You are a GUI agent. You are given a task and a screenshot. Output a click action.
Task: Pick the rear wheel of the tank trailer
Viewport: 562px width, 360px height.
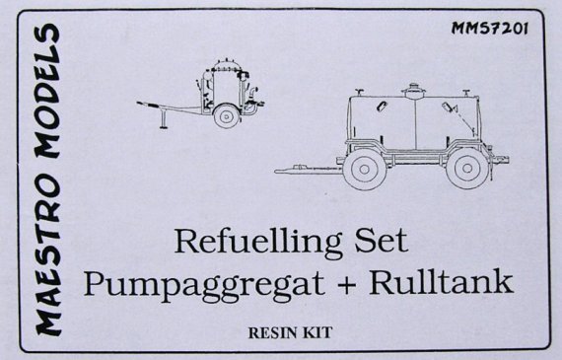462,169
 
